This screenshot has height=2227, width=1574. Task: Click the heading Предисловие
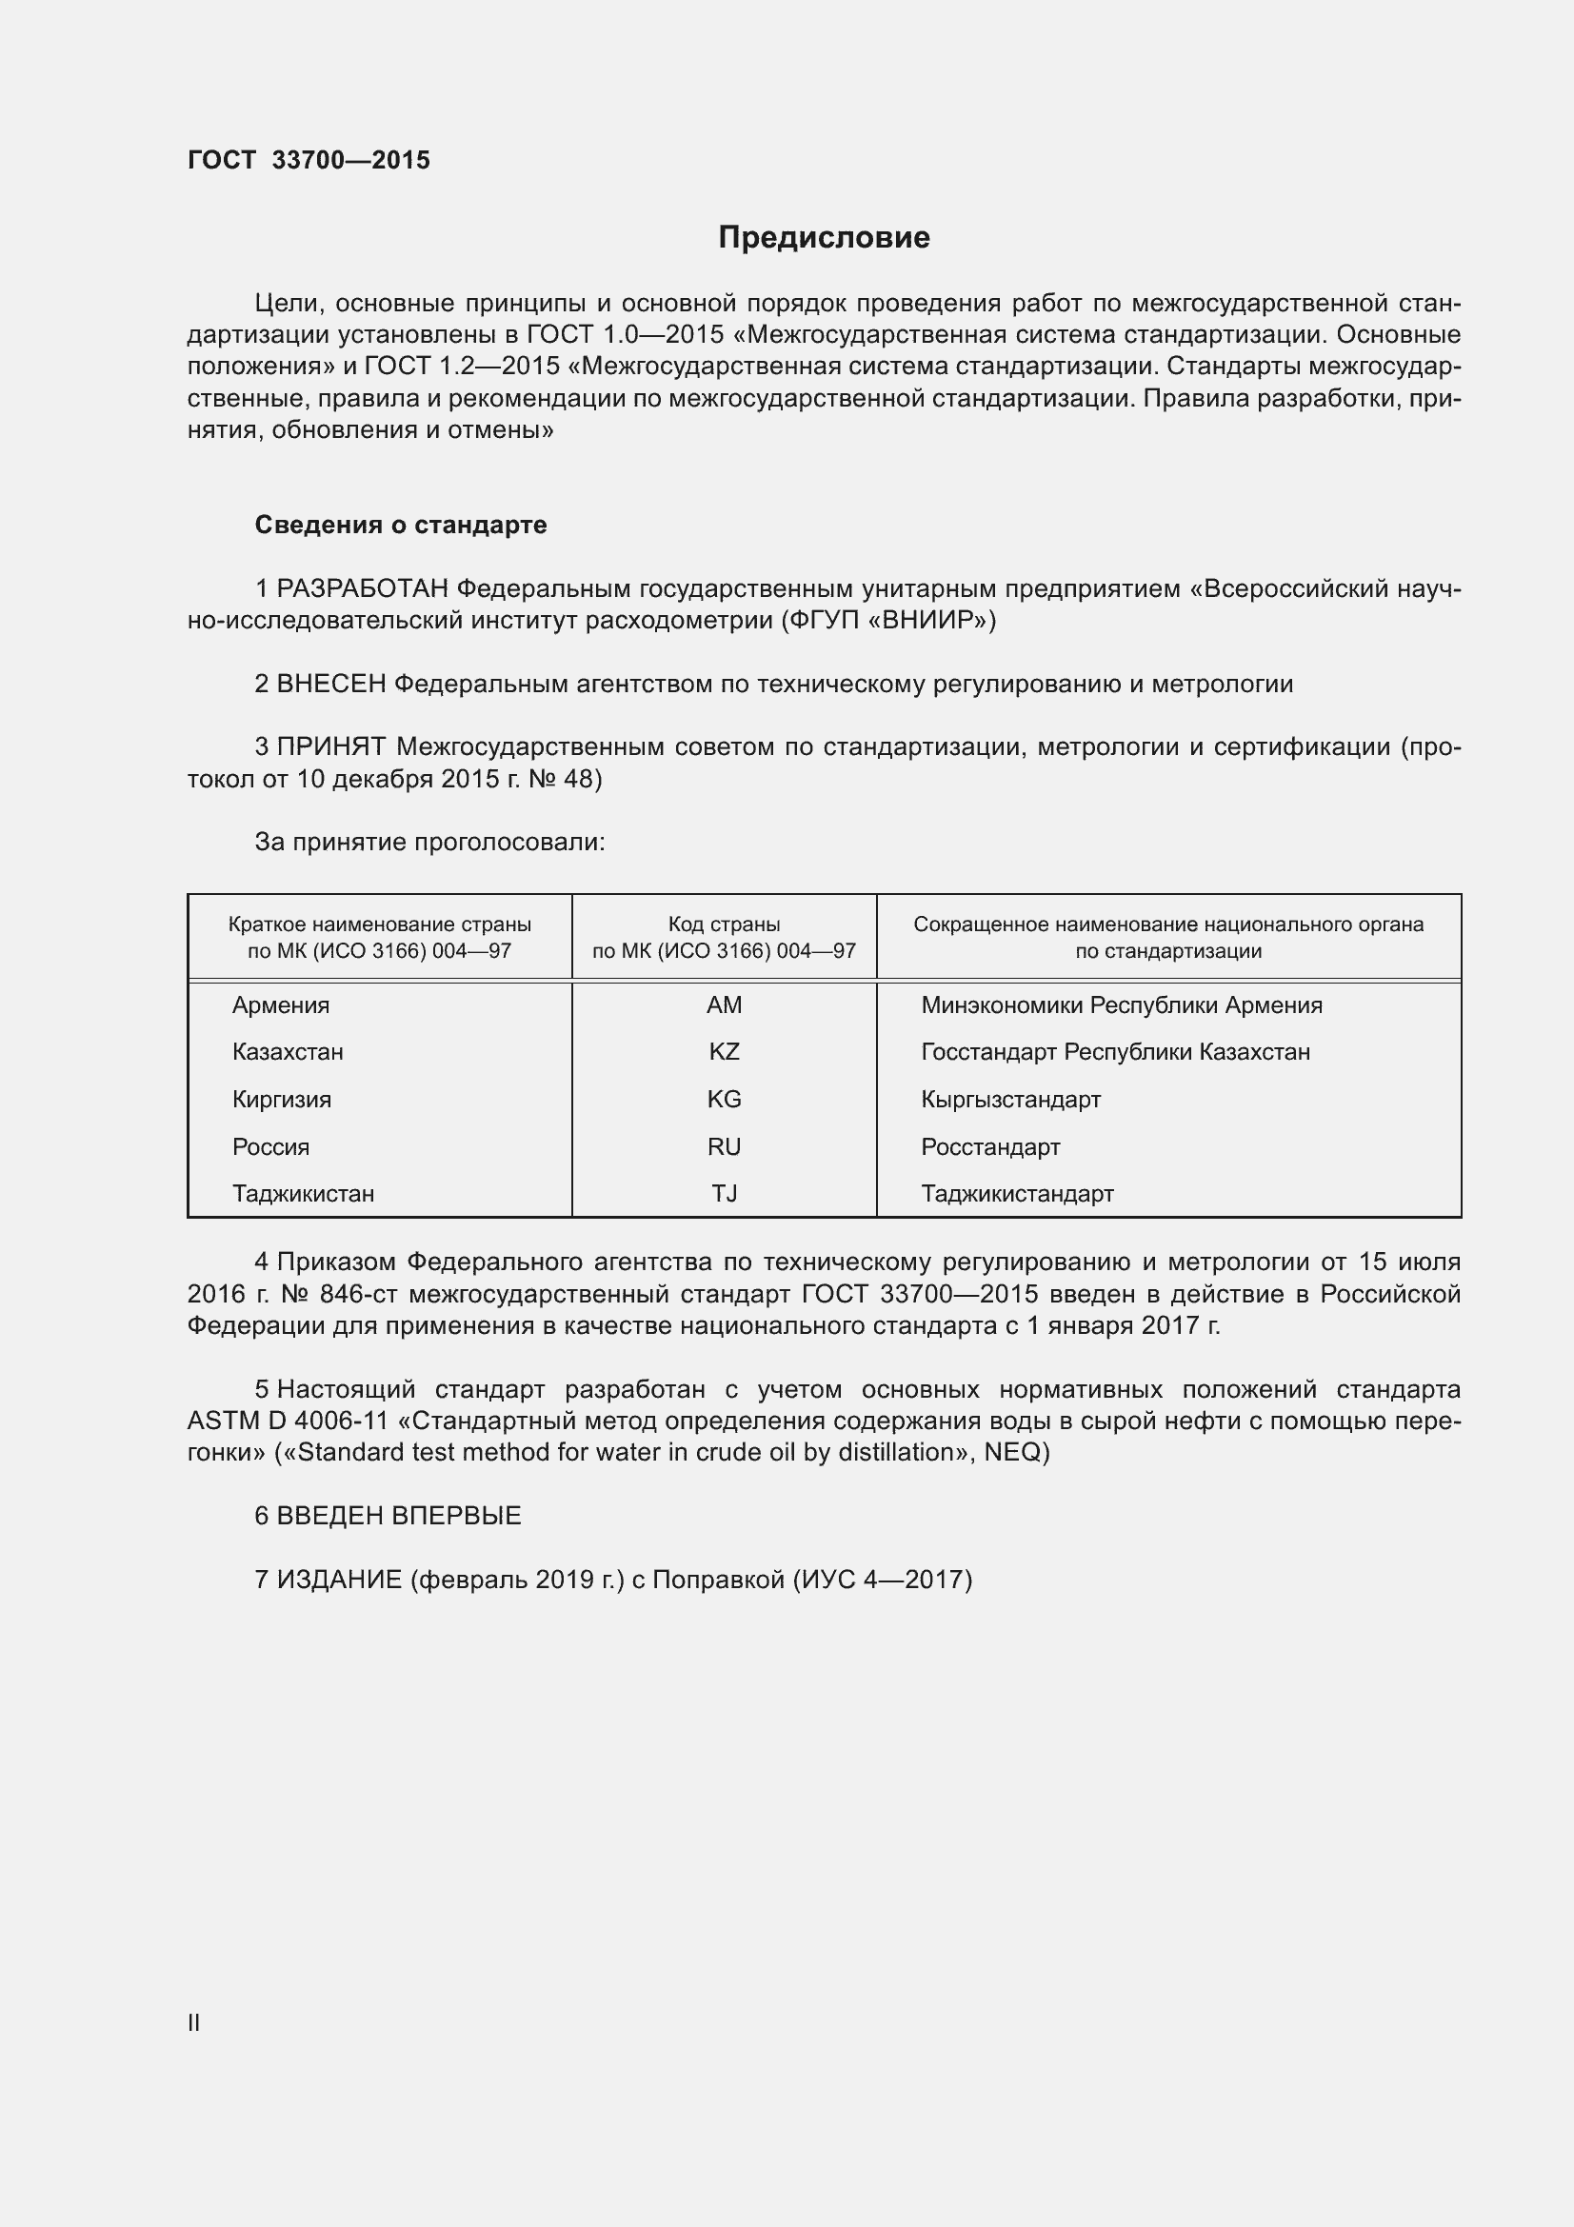[x=824, y=238]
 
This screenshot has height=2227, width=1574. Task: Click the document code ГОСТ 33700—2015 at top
[x=309, y=160]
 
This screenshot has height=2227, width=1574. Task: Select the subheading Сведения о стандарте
[x=401, y=525]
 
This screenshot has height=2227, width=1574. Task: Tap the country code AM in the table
[x=724, y=1004]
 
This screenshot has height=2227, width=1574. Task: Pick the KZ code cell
[x=724, y=1051]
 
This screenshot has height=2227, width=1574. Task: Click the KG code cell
[x=724, y=1099]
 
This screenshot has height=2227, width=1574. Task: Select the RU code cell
[x=724, y=1146]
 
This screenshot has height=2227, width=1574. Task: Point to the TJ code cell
[x=724, y=1193]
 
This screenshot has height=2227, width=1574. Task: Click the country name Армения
[x=280, y=1004]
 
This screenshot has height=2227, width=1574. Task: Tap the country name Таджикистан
[x=303, y=1193]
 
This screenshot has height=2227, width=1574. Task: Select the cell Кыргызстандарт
[x=1010, y=1099]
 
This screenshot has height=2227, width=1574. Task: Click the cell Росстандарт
[x=990, y=1146]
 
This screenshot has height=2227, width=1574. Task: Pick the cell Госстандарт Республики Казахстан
[x=1115, y=1051]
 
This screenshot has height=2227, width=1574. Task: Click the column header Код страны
[x=724, y=925]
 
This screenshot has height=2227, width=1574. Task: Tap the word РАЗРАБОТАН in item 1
[x=363, y=588]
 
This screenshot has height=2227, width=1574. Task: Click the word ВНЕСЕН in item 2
[x=331, y=684]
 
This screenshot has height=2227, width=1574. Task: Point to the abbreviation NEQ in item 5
[x=1011, y=1452]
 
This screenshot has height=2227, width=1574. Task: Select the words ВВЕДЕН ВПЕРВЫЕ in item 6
[x=399, y=1516]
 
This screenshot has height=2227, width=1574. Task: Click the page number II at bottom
[x=194, y=2022]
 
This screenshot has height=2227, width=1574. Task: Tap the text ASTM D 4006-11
[x=288, y=1421]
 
